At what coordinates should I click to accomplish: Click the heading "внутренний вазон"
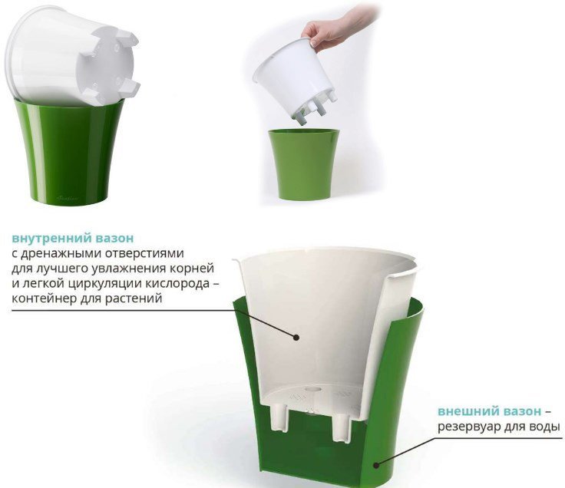pyautogui.click(x=73, y=239)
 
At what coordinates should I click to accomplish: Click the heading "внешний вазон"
pyautogui.click(x=489, y=411)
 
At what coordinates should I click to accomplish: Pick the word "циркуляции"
pyautogui.click(x=104, y=284)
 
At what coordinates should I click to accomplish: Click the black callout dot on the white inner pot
pyautogui.click(x=296, y=338)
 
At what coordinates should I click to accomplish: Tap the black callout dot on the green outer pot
pyautogui.click(x=376, y=465)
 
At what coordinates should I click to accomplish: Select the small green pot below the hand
pyautogui.click(x=304, y=164)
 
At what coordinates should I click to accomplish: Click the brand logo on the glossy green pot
pyautogui.click(x=68, y=198)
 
